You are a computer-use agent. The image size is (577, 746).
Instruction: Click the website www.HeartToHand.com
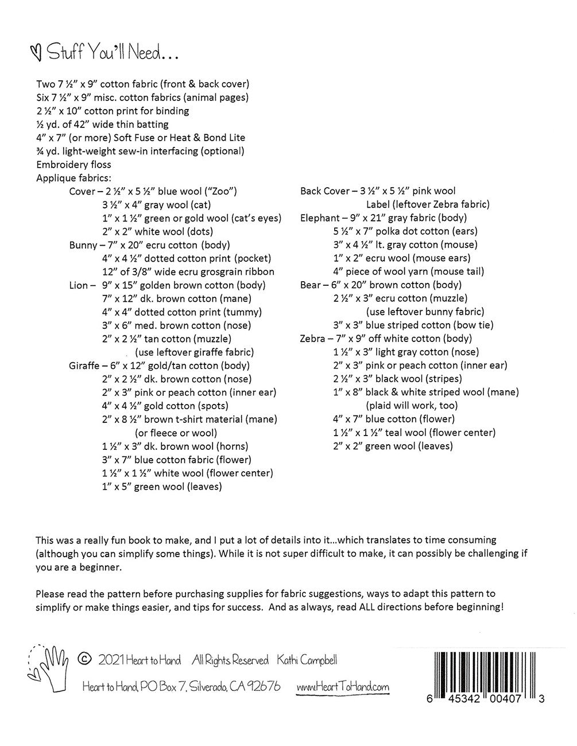pyautogui.click(x=343, y=687)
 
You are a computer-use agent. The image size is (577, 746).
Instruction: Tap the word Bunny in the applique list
pyautogui.click(x=83, y=245)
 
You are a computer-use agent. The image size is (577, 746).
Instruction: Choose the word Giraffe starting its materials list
pyautogui.click(x=84, y=366)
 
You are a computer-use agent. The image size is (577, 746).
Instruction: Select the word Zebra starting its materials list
pyautogui.click(x=313, y=339)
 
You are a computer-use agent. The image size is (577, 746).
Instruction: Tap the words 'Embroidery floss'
pyautogui.click(x=73, y=165)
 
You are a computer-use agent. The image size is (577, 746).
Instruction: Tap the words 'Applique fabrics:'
pyautogui.click(x=74, y=178)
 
